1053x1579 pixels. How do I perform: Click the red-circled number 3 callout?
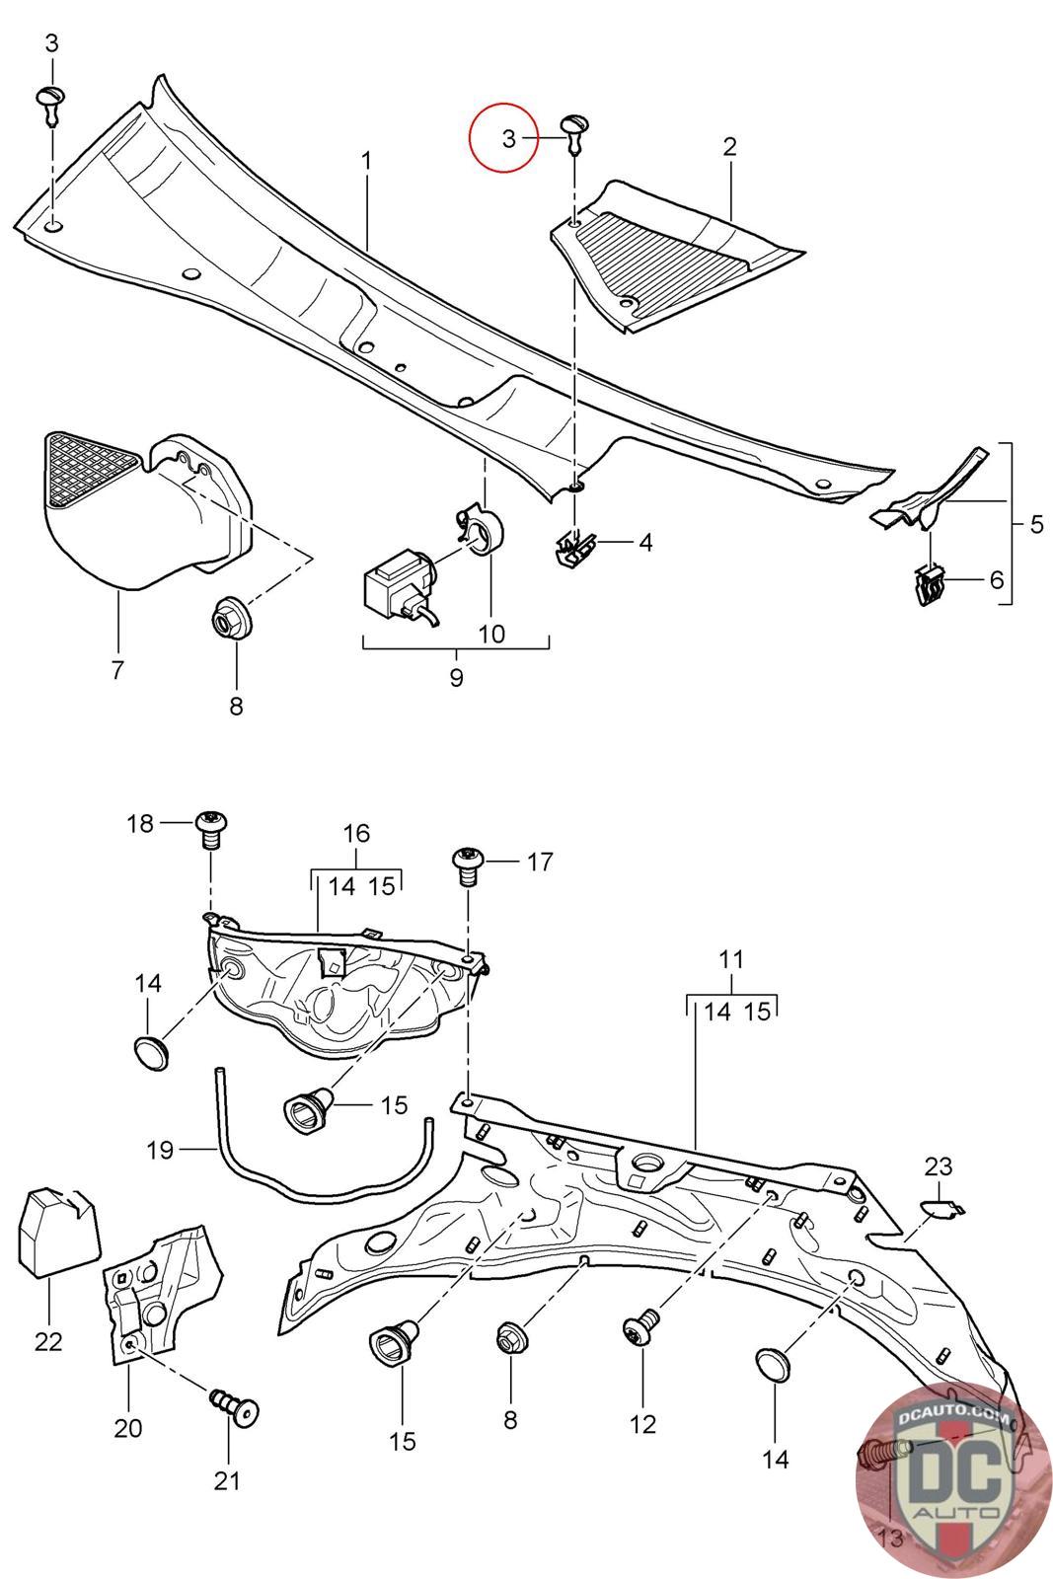point(509,139)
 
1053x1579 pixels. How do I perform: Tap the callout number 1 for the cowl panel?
point(366,162)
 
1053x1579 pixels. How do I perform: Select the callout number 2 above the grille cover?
point(729,147)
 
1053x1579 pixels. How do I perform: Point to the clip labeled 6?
point(932,586)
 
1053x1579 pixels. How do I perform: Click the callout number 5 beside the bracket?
point(1036,524)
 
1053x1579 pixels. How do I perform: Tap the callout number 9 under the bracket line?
point(456,677)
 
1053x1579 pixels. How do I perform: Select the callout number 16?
point(356,833)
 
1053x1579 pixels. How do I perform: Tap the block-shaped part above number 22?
point(58,1225)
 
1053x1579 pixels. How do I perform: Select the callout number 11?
point(731,958)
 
